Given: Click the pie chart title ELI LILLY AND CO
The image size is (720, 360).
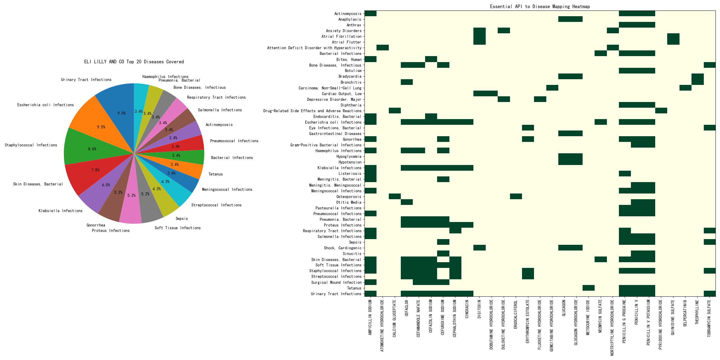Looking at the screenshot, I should tap(134, 62).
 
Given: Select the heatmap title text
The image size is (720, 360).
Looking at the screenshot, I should tap(540, 7).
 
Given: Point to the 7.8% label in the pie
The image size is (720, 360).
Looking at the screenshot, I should tap(95, 170).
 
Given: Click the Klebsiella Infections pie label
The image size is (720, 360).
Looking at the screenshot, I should tap(60, 211).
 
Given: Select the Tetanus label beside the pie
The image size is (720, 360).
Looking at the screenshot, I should tap(215, 174).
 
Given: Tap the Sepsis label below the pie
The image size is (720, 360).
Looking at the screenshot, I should tap(181, 219).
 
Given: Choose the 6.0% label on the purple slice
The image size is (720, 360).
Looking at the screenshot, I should tap(106, 185).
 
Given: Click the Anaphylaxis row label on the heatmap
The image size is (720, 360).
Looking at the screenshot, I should tap(349, 19).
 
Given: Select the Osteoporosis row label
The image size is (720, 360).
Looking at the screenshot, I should tap(349, 197).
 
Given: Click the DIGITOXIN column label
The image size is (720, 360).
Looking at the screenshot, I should tap(479, 309).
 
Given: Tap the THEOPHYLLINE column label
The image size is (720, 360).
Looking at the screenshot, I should tap(697, 312).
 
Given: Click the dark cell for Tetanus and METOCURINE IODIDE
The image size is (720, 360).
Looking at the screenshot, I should tap(588, 288).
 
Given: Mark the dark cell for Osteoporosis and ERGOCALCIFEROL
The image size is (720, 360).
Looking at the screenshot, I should tap(516, 196).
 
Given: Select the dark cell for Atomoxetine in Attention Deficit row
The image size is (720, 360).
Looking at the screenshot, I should tap(382, 48).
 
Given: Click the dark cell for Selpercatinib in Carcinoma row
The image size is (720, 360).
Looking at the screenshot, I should tap(685, 88).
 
